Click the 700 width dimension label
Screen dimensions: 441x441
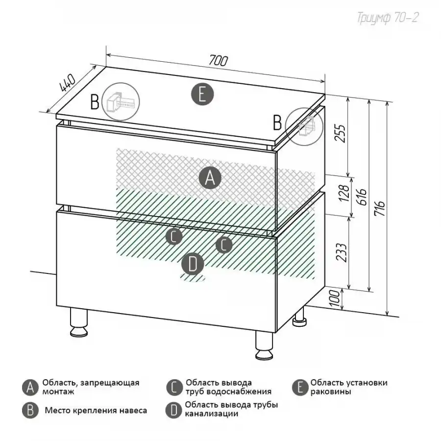tap(218, 60)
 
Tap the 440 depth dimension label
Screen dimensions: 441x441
tap(68, 83)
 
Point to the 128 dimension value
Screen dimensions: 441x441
tap(344, 193)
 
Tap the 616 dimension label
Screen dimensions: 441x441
tap(363, 197)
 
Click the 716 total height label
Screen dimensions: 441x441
tap(380, 208)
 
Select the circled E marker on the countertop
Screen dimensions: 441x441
tap(202, 95)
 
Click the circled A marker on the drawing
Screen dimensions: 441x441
tap(210, 178)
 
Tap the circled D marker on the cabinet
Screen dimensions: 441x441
tap(193, 265)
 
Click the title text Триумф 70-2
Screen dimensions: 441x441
tap(388, 18)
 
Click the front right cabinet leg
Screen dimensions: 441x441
tap(265, 345)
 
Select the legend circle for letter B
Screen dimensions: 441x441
tap(30, 410)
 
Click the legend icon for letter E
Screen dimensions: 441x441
tap(300, 388)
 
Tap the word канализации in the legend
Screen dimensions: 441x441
tap(211, 414)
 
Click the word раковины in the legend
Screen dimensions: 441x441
tap(330, 392)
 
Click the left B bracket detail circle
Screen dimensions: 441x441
tap(121, 102)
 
